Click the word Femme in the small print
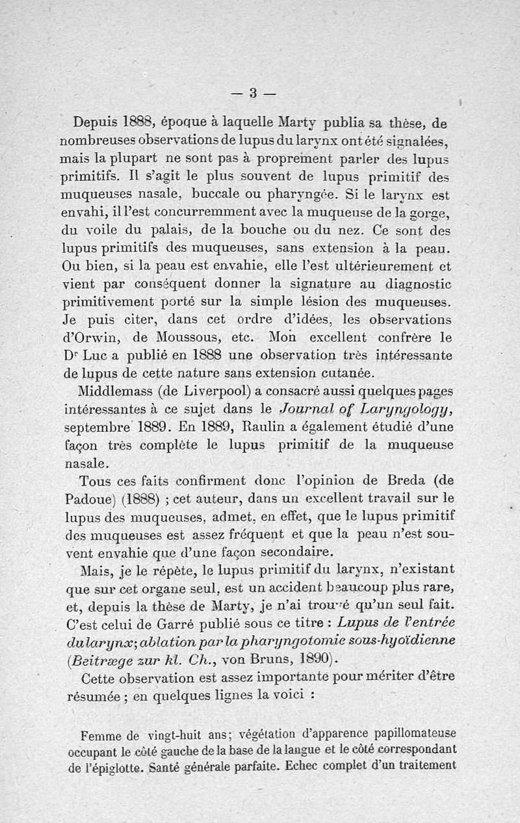(102, 737)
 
